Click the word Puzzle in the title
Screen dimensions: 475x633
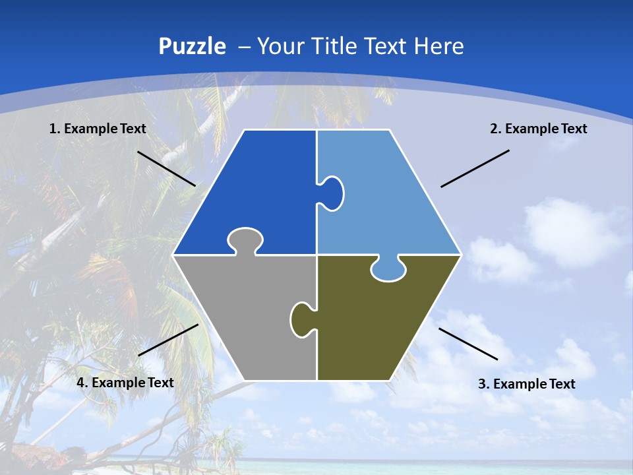click(x=192, y=47)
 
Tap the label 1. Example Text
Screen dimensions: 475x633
click(x=98, y=129)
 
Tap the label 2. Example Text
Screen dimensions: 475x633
click(x=538, y=129)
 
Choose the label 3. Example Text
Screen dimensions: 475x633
click(x=526, y=384)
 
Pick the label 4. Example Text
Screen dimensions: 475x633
click(x=125, y=383)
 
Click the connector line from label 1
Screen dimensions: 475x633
click(x=166, y=168)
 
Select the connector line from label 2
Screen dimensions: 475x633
click(x=475, y=168)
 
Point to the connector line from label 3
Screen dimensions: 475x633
click(x=468, y=344)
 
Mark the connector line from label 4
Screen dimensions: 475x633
click(x=168, y=340)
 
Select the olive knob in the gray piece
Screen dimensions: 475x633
click(x=301, y=319)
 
